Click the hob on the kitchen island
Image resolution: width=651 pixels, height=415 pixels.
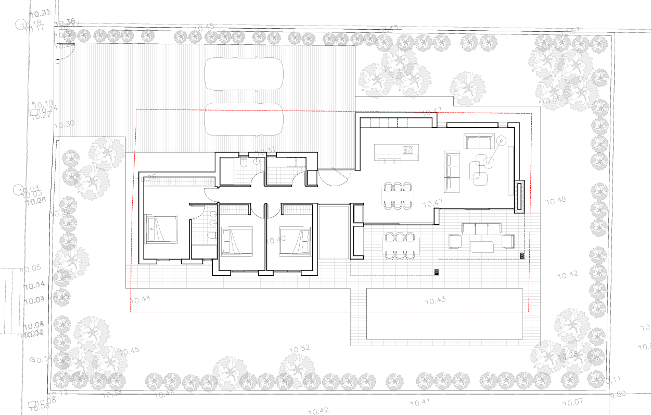[408, 150]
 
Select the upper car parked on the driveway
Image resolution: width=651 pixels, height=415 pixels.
[244, 73]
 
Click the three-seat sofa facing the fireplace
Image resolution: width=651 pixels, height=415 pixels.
[451, 170]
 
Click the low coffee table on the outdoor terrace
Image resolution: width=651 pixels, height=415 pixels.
[483, 246]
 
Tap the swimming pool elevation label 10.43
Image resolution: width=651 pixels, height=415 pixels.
[436, 301]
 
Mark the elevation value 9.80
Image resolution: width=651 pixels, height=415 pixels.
[618, 394]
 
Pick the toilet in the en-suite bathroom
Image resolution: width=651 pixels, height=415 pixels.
[211, 236]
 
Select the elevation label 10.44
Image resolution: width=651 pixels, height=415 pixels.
[140, 299]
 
